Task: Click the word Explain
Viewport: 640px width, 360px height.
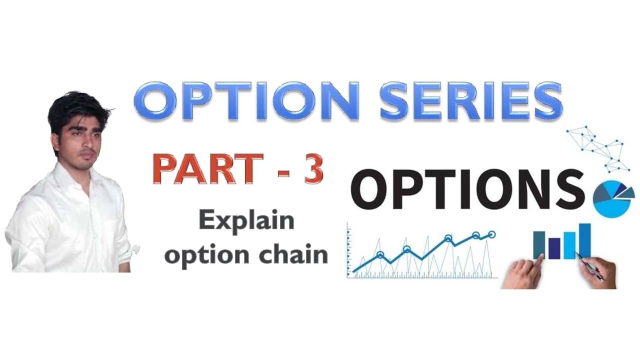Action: click(246, 220)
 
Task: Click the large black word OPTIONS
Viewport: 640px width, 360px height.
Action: click(467, 190)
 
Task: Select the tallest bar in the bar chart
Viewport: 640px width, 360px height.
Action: click(584, 240)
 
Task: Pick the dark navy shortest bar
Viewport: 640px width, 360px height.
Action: click(554, 248)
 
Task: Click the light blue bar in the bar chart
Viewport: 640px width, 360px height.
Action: click(569, 245)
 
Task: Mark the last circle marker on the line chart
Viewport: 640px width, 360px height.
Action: click(492, 234)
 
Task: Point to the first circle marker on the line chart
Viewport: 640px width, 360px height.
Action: click(380, 255)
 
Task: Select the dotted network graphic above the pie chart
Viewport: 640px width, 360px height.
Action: click(597, 147)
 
